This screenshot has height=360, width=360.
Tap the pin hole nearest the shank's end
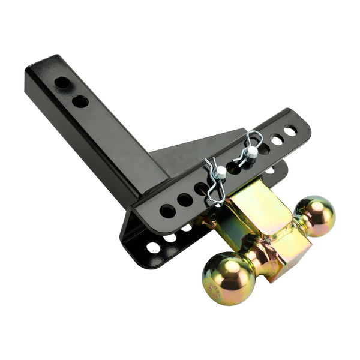point(62,82)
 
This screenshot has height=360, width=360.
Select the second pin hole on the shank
point(80,101)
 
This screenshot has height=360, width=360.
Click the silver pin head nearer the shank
point(220,172)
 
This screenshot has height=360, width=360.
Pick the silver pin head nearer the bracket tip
point(251,153)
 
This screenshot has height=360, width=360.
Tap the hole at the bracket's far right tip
point(290,130)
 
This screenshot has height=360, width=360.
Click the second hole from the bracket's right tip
point(276,139)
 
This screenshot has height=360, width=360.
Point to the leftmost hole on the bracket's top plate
point(167,211)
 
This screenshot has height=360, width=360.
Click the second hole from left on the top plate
point(185,200)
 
